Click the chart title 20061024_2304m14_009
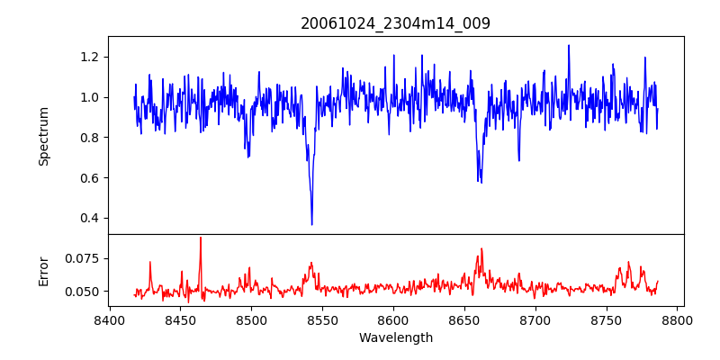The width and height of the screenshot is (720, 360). coord(395,23)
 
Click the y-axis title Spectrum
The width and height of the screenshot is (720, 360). coord(43,136)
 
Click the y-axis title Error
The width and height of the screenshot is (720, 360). coord(43,271)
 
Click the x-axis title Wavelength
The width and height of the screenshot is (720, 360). coord(395,338)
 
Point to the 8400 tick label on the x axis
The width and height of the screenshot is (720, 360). coord(109,320)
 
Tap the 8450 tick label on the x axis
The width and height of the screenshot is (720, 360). coord(180,320)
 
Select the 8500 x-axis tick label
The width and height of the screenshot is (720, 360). coord(251,320)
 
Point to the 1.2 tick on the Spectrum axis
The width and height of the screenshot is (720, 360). coord(91,57)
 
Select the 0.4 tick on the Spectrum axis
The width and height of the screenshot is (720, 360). coord(91,218)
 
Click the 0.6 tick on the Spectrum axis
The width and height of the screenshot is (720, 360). coord(91,177)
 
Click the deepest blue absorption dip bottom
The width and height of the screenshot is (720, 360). coord(311,224)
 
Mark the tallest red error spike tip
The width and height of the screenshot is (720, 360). coord(201,238)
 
